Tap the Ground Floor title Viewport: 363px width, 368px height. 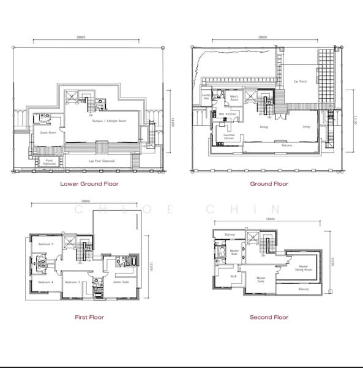[x=269, y=183]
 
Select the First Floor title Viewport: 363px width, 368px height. [x=89, y=317]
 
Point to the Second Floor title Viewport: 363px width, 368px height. [x=269, y=317]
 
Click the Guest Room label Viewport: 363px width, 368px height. [x=40, y=132]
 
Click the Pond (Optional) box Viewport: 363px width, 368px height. [x=49, y=162]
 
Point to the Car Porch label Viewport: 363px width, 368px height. [x=299, y=81]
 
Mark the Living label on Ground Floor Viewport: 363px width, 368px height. [x=306, y=127]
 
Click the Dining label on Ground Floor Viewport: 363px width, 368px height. [x=264, y=127]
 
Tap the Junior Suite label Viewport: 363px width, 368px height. [x=121, y=282]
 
